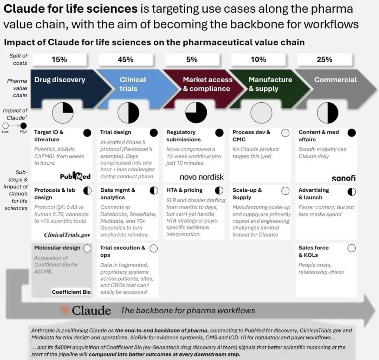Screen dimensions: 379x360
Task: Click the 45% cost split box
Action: (x=126, y=59)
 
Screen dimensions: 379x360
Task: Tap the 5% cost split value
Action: (x=192, y=59)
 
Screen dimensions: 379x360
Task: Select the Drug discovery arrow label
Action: (x=60, y=79)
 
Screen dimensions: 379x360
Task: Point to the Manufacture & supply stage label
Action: (x=270, y=84)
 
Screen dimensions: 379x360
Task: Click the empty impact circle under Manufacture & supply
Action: (x=261, y=113)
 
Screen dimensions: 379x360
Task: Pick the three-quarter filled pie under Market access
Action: (x=196, y=113)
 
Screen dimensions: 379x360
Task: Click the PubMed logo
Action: (x=75, y=176)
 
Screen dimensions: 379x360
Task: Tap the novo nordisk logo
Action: (x=202, y=177)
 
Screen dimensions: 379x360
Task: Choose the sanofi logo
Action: (x=344, y=178)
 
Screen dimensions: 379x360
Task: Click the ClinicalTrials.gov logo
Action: (x=67, y=235)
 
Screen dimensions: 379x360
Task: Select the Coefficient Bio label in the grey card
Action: (x=71, y=292)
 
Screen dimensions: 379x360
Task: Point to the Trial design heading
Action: (x=115, y=132)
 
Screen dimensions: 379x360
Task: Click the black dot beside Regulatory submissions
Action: (x=219, y=133)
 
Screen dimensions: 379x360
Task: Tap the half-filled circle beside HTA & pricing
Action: (x=219, y=191)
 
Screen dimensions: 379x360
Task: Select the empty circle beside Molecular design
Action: (x=87, y=248)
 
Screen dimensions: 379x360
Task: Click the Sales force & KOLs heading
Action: (x=314, y=251)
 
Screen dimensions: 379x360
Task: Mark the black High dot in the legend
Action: (x=23, y=126)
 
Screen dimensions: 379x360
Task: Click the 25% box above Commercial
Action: (x=325, y=59)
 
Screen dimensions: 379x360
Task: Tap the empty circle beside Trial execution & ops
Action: (x=154, y=248)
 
